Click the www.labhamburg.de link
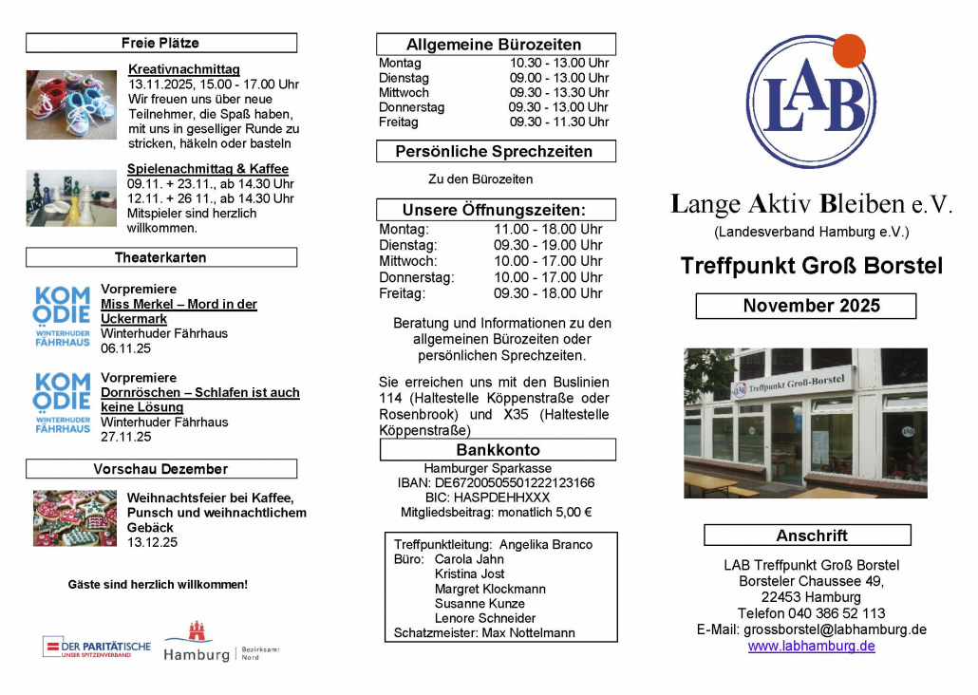click(811, 646)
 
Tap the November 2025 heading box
click(806, 306)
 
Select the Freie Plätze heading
click(160, 43)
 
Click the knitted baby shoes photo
click(71, 104)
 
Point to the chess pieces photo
click(71, 197)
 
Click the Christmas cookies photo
click(75, 518)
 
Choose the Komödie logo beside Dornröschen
click(63, 403)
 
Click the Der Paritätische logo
click(97, 648)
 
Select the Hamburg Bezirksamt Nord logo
click(220, 643)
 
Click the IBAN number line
click(496, 482)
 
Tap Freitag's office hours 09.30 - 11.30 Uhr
click(559, 122)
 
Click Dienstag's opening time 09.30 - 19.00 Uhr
click(548, 245)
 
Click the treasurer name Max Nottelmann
click(528, 632)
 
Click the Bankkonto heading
click(498, 450)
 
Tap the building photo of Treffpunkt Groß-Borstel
click(805, 423)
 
